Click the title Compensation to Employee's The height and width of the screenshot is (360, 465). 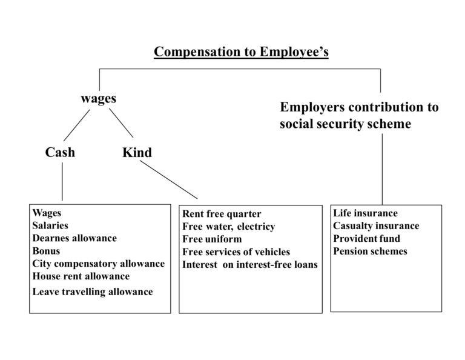pyautogui.click(x=241, y=52)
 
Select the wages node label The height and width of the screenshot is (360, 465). pyautogui.click(x=98, y=98)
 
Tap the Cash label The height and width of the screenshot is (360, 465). pyautogui.click(x=61, y=152)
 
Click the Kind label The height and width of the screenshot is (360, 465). pyautogui.click(x=137, y=153)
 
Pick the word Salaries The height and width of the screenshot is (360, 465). pyautogui.click(x=50, y=225)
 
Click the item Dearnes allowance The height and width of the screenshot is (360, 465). pyautogui.click(x=74, y=238)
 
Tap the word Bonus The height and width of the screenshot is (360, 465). pyautogui.click(x=47, y=251)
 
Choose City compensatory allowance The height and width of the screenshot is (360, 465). pyautogui.click(x=99, y=264)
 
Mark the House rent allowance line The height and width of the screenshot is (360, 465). pyautogui.click(x=81, y=276)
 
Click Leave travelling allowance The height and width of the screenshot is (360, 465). pyautogui.click(x=93, y=292)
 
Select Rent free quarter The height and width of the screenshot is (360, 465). pyautogui.click(x=222, y=214)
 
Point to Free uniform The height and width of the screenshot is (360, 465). pyautogui.click(x=212, y=239)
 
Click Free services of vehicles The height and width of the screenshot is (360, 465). pyautogui.click(x=236, y=252)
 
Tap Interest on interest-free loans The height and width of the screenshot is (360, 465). pyautogui.click(x=250, y=265)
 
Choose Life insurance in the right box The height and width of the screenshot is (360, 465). pyautogui.click(x=365, y=213)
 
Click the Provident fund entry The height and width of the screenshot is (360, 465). pyautogui.click(x=366, y=238)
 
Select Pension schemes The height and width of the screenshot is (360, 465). pyautogui.click(x=370, y=251)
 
